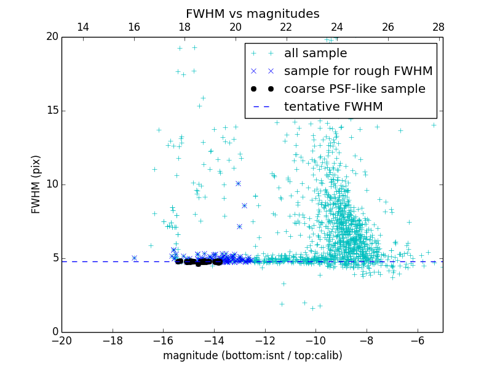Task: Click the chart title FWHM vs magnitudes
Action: [x=252, y=14]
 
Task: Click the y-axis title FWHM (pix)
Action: [x=36, y=184]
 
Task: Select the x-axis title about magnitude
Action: [x=252, y=355]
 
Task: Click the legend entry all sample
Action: [x=315, y=54]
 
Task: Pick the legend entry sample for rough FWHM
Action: [x=358, y=71]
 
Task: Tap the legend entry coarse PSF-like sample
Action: [x=354, y=89]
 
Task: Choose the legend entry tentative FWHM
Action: [x=333, y=107]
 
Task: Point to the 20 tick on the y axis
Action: [x=52, y=37]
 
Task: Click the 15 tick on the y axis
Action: [x=52, y=111]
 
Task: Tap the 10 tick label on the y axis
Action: [x=52, y=184]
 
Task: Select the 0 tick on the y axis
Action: [x=55, y=332]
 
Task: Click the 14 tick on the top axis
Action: [x=83, y=27]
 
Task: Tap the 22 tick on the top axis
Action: [x=286, y=27]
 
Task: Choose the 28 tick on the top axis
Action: [x=438, y=27]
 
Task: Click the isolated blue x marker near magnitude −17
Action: [x=134, y=258]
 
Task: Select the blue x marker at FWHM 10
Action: [x=238, y=183]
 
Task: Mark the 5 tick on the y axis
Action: [x=55, y=258]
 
